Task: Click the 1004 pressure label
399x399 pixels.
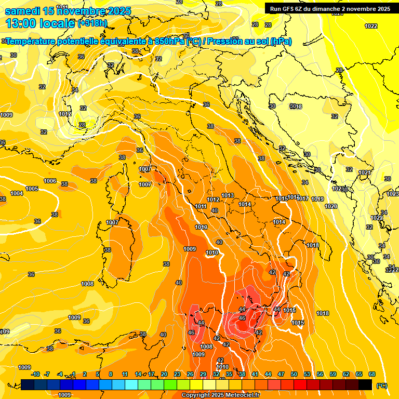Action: click(x=17, y=193)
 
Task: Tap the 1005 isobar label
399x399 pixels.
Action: click(x=32, y=189)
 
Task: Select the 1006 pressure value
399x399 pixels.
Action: click(x=50, y=181)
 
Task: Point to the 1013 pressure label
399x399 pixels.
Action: click(x=228, y=195)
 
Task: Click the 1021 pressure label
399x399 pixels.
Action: click(x=365, y=172)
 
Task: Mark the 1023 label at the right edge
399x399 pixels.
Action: click(x=393, y=194)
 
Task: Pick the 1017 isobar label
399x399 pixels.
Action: click(x=303, y=198)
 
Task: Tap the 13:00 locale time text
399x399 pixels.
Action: click(x=41, y=23)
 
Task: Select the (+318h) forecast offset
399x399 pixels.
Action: click(x=92, y=23)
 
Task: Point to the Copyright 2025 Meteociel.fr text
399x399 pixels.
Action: click(x=221, y=395)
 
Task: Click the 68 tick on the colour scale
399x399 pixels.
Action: click(x=372, y=374)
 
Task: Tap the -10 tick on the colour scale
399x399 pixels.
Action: click(x=35, y=374)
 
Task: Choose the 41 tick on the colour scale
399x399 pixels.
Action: click(x=255, y=374)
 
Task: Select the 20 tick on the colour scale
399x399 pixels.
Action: click(x=164, y=374)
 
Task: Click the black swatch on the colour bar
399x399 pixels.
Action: click(x=365, y=384)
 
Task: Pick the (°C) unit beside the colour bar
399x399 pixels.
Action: click(x=381, y=385)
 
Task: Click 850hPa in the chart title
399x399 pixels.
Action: click(x=169, y=42)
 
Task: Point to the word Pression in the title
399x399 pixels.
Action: click(x=227, y=42)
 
